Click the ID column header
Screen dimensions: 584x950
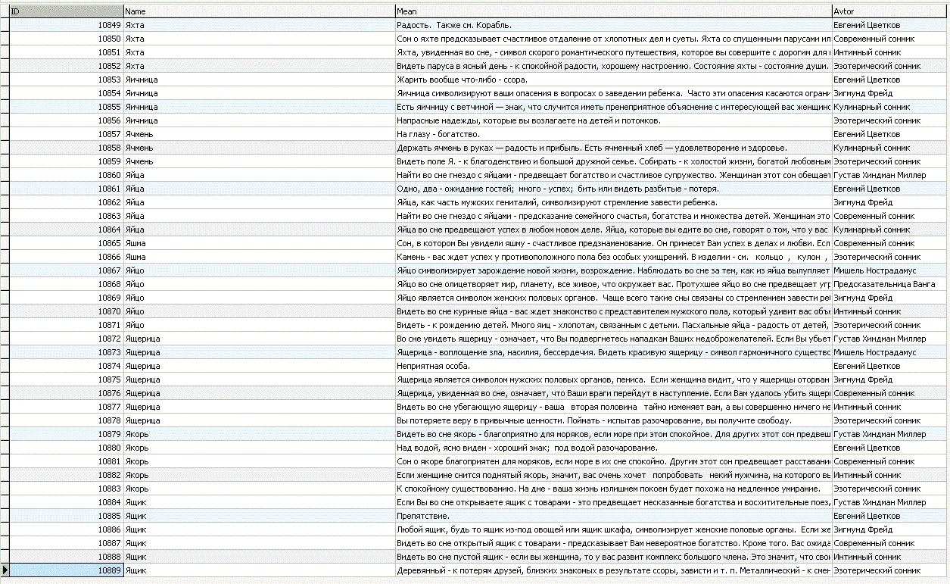pos(66,11)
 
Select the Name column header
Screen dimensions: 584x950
pos(259,11)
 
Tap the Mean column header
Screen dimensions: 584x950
pos(613,11)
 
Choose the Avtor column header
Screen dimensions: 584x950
pos(889,11)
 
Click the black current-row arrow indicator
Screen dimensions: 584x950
pos(5,570)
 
